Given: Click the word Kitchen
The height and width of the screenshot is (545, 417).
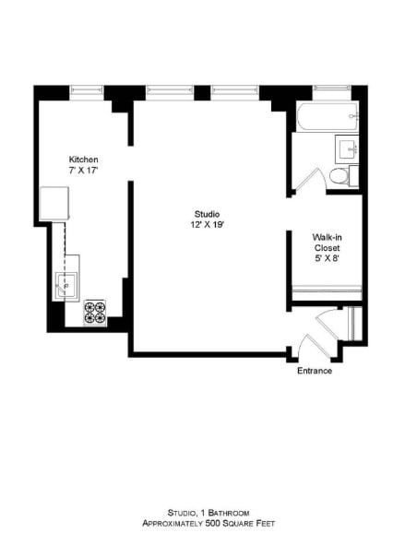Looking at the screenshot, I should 83,160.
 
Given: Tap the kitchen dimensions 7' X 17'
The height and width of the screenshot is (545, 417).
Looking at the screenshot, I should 83,172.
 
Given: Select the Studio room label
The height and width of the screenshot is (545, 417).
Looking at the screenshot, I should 207,214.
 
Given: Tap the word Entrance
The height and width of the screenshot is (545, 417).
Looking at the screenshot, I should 315,371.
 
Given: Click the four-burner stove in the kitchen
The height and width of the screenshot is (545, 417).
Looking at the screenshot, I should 95,313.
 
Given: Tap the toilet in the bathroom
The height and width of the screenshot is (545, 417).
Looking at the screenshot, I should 339,176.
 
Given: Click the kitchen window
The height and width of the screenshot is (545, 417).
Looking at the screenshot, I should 89,89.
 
